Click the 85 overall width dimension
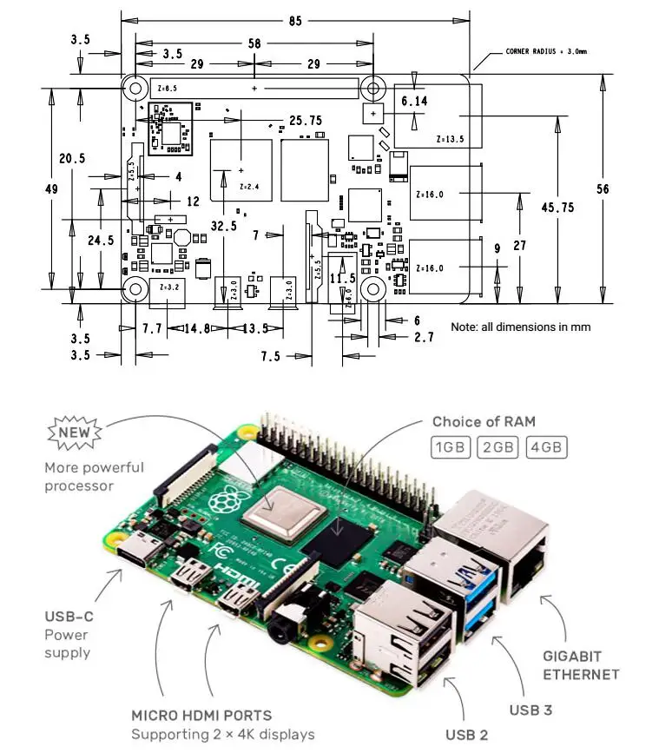296,21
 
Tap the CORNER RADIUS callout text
546,52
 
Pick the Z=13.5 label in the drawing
450,138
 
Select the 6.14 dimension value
414,102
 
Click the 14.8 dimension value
198,329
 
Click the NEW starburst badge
76,432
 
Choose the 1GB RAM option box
451,448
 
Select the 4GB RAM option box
548,448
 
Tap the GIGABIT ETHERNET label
581,665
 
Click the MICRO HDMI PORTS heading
201,716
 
